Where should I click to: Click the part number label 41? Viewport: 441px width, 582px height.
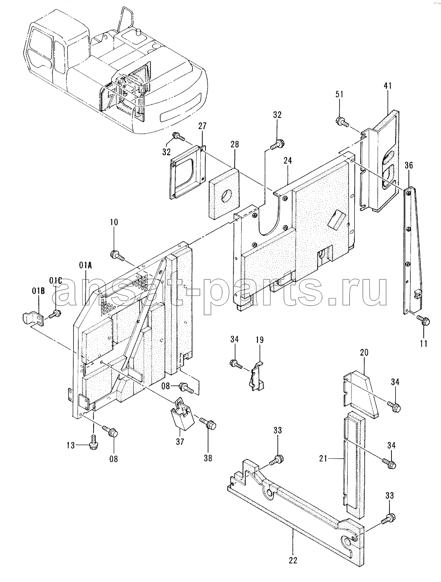coord(387,86)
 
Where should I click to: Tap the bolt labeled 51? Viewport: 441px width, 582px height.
coord(342,122)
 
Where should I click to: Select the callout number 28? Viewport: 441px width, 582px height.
coord(235,144)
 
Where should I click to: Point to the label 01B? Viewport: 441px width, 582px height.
coord(38,291)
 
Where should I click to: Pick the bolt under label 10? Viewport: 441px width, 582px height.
coord(117,255)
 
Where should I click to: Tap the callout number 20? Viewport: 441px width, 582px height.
coord(364,352)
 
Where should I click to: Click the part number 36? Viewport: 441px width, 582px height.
coord(409,165)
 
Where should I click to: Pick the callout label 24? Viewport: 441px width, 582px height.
coord(288,160)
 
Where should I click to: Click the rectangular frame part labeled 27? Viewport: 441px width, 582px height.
coord(188,172)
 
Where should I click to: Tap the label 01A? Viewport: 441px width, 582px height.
coord(85,265)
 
